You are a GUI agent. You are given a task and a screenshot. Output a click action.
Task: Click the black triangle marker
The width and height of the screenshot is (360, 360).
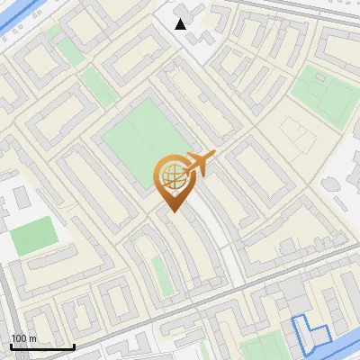tap(181, 23)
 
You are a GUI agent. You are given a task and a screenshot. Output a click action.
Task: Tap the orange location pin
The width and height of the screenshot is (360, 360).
tap(175, 181)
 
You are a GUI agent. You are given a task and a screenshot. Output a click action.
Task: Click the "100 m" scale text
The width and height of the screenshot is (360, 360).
tap(23, 338)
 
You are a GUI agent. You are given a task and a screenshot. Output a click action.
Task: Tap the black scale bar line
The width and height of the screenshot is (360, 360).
tap(41, 346)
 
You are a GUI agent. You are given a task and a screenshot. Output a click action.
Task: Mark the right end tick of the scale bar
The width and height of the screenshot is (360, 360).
tap(73, 345)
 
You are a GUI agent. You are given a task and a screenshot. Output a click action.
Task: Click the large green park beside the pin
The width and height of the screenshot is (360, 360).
tap(139, 144)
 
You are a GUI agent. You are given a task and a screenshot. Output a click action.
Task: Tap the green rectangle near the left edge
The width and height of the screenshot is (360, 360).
tap(33, 235)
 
